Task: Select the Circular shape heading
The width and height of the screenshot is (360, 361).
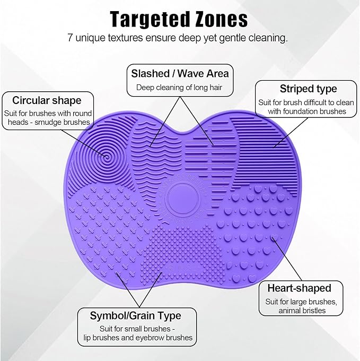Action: (47, 100)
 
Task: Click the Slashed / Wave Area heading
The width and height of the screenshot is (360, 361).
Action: (180, 73)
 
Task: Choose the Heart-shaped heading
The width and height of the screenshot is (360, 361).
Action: (299, 288)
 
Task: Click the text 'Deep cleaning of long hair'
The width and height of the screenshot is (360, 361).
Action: (180, 87)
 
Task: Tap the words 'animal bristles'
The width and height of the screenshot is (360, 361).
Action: (302, 311)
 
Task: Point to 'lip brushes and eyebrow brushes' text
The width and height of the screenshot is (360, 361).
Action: (137, 338)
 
